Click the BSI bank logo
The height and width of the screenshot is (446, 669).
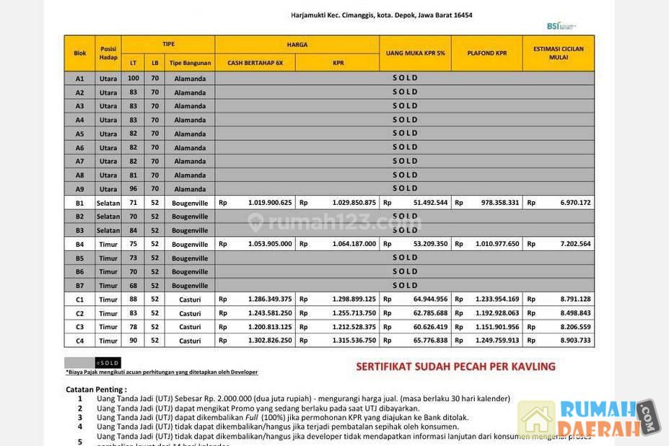coord(561,26)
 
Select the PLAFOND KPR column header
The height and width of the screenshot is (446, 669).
coord(487,53)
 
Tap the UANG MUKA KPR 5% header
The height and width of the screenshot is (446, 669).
coord(415,53)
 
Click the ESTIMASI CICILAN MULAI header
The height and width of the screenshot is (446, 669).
coord(558,53)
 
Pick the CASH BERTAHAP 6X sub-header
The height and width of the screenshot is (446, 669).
coord(255,63)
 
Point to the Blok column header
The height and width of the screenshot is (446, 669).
coord(79,53)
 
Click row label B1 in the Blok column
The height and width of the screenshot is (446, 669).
coord(79,203)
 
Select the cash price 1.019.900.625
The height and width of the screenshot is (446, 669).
coord(270,203)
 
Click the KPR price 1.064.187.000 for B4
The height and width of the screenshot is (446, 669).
coord(354,244)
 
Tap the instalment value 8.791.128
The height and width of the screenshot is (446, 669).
coord(575,299)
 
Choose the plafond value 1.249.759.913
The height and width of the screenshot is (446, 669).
coord(497,341)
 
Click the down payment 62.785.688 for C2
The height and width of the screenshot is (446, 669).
coord(430,313)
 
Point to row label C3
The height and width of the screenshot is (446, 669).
coord(79,327)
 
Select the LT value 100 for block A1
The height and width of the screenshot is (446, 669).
coord(134,78)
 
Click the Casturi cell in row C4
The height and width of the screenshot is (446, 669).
coord(190,341)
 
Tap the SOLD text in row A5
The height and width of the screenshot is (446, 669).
coord(405,134)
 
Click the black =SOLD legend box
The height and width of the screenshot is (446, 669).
coord(108,363)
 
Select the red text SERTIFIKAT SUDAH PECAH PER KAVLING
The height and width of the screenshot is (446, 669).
coord(455,367)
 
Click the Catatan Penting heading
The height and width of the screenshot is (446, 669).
coord(96,390)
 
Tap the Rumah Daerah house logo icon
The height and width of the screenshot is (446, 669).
coord(536,419)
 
